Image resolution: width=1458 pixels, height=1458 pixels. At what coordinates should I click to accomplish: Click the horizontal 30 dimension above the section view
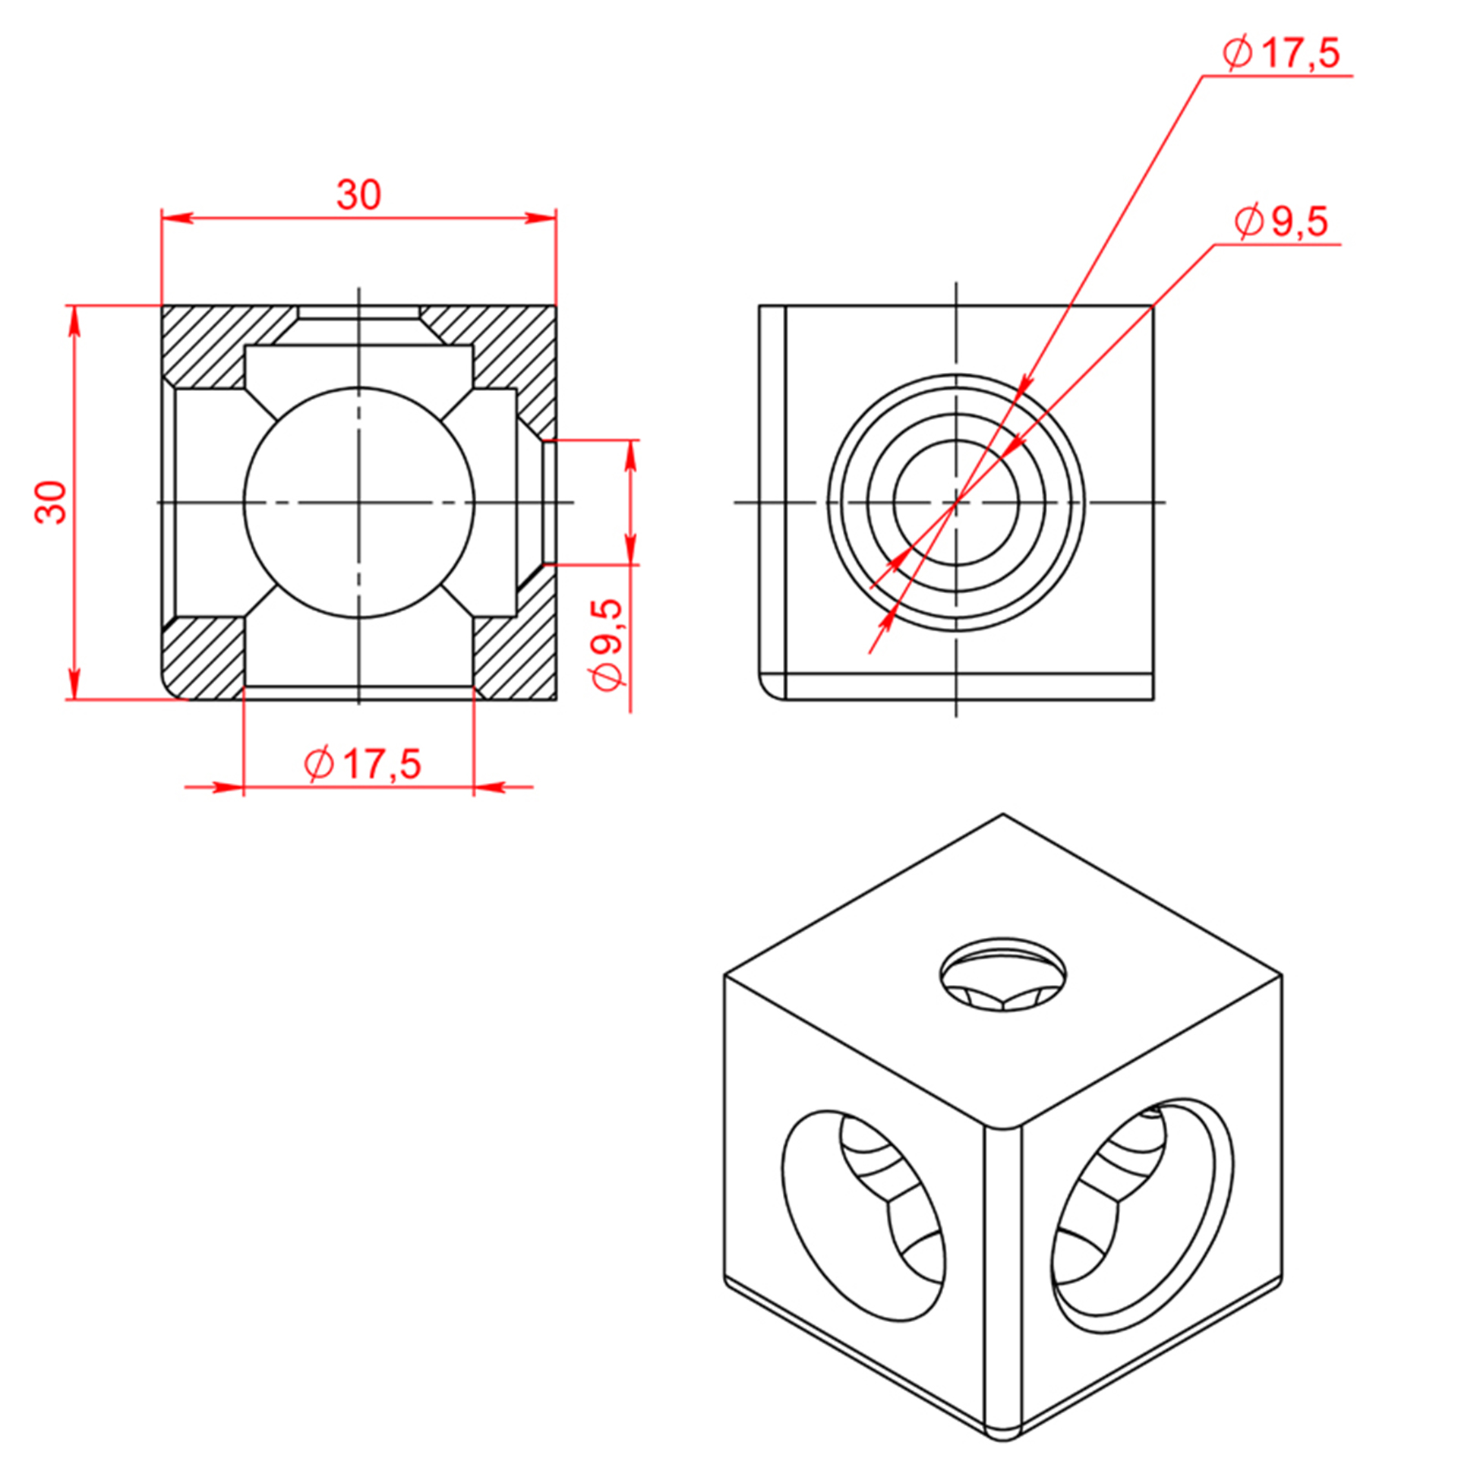[358, 195]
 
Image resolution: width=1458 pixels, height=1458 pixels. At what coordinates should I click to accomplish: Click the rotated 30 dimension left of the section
[52, 502]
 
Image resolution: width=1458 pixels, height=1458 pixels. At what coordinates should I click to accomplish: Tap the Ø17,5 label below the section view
[362, 763]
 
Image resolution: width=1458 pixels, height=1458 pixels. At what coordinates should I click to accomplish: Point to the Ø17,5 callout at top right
[1281, 53]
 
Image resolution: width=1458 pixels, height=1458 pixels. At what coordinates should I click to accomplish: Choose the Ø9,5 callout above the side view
[1282, 222]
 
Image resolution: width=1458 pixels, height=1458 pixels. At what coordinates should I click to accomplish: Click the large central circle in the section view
[359, 502]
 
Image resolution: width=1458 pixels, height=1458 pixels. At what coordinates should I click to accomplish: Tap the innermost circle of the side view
[956, 502]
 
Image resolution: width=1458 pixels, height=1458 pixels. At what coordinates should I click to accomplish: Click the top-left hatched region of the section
[220, 346]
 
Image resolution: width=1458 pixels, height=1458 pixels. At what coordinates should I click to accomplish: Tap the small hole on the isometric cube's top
[1002, 974]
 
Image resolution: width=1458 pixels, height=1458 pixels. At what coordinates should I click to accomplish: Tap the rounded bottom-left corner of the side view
[770, 687]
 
